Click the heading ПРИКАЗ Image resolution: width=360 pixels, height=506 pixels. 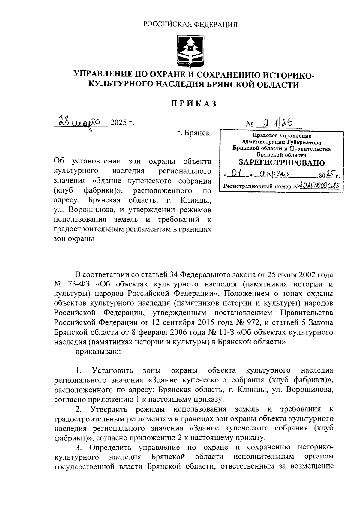coord(193,104)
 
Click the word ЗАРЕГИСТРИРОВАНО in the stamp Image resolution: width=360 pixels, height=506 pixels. coord(281,163)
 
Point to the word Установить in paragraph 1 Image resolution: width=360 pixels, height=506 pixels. coord(113,370)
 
